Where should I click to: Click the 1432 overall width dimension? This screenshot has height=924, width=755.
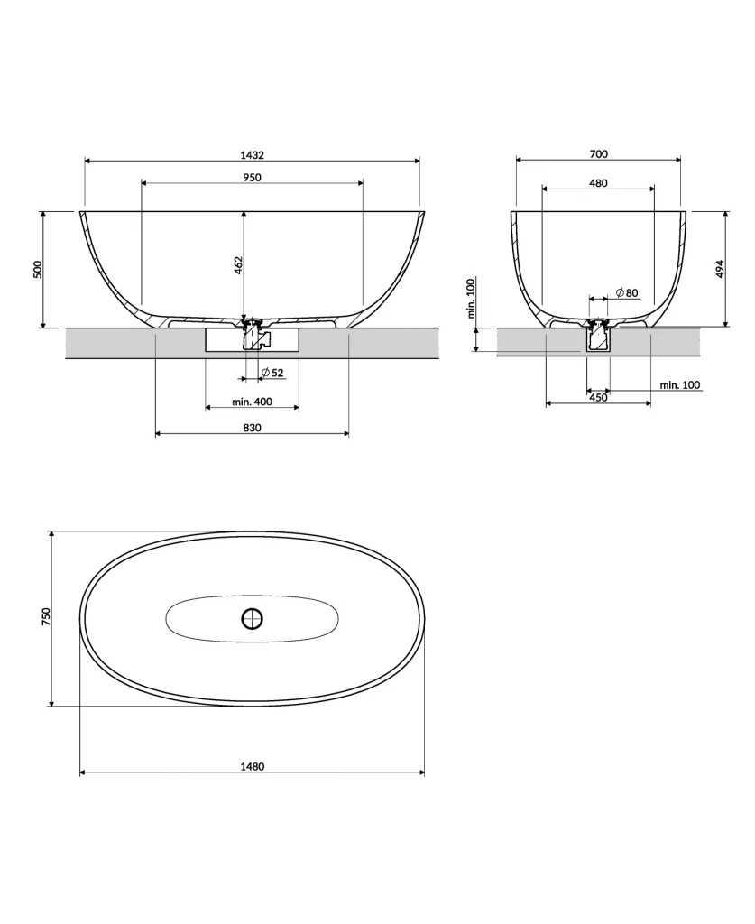click(252, 154)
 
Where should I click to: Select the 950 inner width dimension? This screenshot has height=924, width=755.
click(252, 177)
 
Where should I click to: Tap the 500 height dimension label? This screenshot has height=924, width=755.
click(38, 269)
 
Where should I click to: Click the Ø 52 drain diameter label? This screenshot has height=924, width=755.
click(272, 373)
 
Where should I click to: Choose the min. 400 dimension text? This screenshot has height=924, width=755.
click(252, 401)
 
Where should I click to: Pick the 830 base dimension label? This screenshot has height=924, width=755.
click(252, 428)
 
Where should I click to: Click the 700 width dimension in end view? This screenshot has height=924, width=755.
click(598, 153)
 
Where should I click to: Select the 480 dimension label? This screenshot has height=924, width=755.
click(598, 182)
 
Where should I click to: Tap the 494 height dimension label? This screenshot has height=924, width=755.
click(720, 269)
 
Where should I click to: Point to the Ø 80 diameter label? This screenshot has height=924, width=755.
click(627, 292)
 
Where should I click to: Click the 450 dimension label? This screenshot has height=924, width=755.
click(598, 397)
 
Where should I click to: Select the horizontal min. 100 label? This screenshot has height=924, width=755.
click(679, 385)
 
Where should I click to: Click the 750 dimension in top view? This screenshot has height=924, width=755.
click(46, 617)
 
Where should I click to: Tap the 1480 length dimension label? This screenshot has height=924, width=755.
click(252, 766)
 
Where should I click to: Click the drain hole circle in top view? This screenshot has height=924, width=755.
click(252, 618)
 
